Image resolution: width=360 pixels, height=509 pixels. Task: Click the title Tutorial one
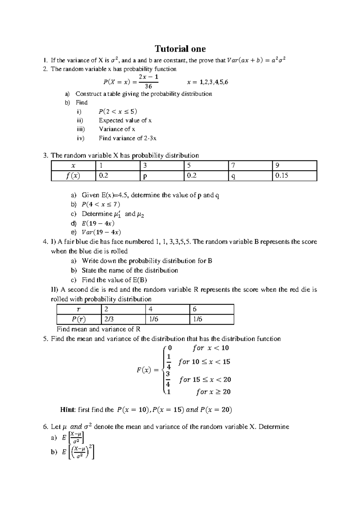pyautogui.click(x=180, y=49)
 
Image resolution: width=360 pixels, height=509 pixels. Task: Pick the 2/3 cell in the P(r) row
pyautogui.click(x=107, y=319)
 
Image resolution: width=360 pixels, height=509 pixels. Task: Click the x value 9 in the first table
pyautogui.click(x=277, y=166)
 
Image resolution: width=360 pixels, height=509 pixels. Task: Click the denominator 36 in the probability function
pyautogui.click(x=148, y=86)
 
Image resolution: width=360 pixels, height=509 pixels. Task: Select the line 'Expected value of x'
pyautogui.click(x=125, y=120)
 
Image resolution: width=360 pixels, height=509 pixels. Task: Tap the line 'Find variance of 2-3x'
pyautogui.click(x=127, y=138)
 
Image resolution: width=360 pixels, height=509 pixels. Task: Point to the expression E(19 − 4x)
pyautogui.click(x=98, y=223)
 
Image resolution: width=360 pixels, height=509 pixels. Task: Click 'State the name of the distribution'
pyautogui.click(x=130, y=270)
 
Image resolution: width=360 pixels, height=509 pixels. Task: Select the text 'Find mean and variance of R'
pyautogui.click(x=98, y=329)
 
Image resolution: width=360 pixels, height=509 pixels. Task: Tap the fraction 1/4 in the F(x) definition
pyautogui.click(x=169, y=362)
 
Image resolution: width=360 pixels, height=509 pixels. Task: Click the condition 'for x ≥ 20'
pyautogui.click(x=213, y=392)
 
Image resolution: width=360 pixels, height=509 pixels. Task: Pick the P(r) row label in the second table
pyautogui.click(x=79, y=319)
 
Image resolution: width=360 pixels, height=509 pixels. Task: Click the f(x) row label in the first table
pyautogui.click(x=73, y=176)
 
